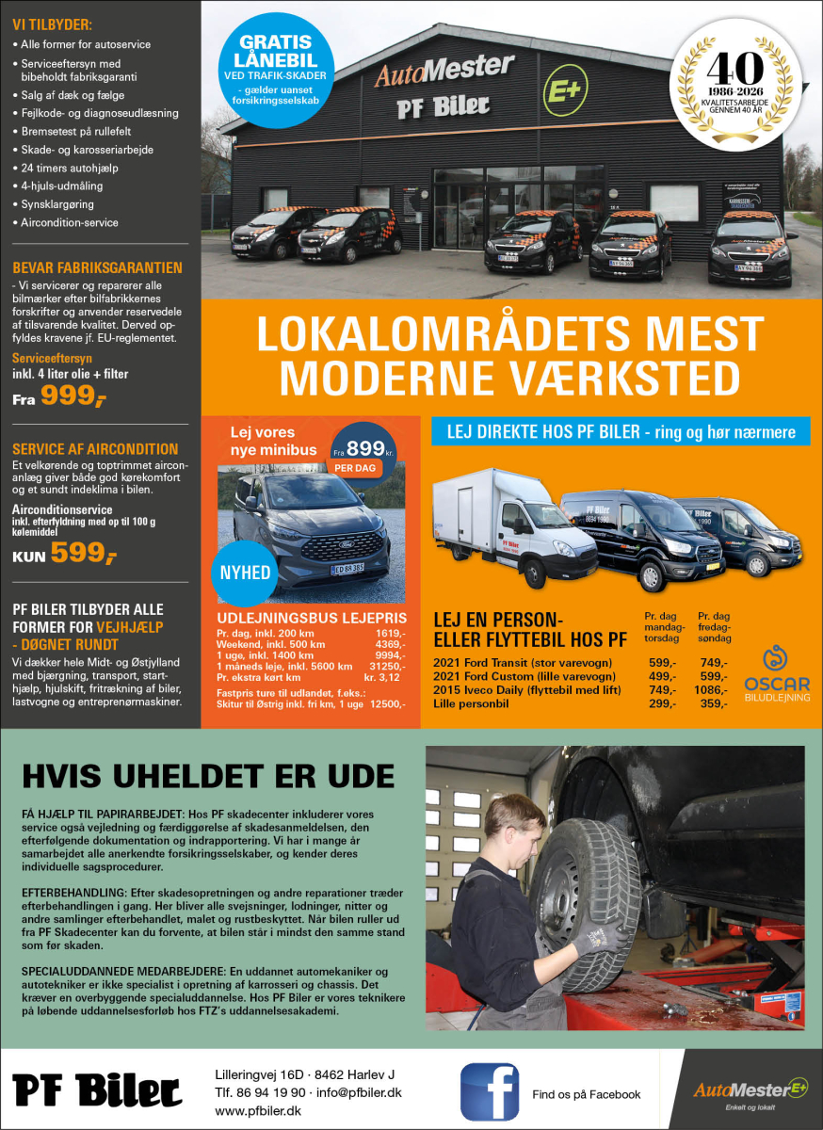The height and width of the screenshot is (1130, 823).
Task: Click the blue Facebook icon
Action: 490,1091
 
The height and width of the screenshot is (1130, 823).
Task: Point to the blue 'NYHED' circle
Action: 245,573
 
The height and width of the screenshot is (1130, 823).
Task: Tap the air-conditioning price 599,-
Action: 84,553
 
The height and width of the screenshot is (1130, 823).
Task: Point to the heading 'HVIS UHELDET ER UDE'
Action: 208,776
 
